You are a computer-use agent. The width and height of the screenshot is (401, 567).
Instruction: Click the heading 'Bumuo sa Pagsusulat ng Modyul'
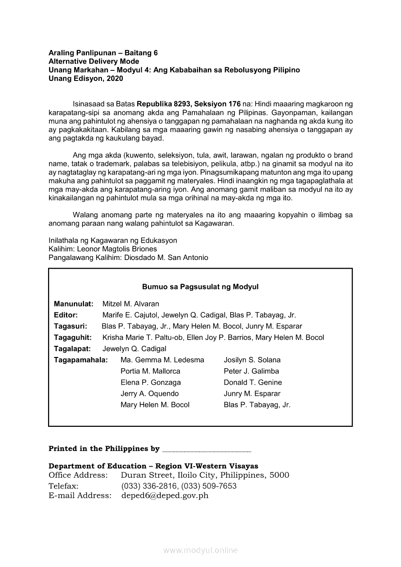click(200, 287)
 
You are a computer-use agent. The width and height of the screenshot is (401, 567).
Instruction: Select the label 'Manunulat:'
click(73, 304)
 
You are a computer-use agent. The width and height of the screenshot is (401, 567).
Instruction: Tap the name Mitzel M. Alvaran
click(131, 304)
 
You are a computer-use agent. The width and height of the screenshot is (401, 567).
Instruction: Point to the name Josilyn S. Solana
click(252, 360)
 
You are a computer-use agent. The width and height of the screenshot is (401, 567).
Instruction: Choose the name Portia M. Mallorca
click(150, 371)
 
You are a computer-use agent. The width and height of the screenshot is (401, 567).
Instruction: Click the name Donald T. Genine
click(252, 382)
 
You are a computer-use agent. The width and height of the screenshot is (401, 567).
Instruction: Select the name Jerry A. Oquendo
click(150, 393)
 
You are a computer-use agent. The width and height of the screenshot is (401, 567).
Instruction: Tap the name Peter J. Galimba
click(251, 371)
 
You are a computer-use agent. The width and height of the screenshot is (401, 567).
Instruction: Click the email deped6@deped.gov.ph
click(165, 496)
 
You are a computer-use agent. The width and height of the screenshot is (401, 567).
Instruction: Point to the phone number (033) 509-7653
click(209, 486)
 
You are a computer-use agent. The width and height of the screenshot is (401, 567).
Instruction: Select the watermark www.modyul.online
click(200, 551)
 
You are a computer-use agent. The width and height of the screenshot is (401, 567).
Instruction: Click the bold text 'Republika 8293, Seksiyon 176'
click(189, 104)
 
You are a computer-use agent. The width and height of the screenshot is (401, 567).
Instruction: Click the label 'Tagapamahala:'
click(81, 360)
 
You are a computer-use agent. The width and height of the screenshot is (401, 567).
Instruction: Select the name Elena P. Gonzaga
click(150, 382)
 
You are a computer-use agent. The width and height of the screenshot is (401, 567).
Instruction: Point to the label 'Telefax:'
click(64, 486)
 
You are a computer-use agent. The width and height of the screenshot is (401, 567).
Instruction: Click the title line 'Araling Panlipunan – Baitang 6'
click(103, 53)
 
